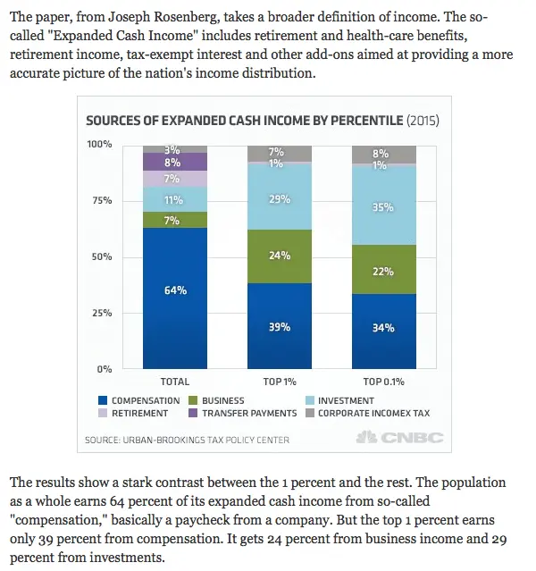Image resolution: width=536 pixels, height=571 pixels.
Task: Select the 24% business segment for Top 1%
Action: click(280, 256)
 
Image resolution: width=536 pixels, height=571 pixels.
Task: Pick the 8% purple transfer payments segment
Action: click(173, 163)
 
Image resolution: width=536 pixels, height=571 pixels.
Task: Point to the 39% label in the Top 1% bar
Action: click(280, 327)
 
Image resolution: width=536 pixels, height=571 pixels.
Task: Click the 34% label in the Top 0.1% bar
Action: click(382, 327)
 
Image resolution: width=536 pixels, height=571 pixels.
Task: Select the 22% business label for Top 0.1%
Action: click(382, 272)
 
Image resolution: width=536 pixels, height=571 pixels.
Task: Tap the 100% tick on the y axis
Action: click(99, 145)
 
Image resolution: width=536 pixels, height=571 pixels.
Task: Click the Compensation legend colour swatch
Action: click(103, 401)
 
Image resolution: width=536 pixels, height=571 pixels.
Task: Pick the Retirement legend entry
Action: click(139, 414)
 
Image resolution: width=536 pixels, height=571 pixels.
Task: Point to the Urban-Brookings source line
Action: click(187, 440)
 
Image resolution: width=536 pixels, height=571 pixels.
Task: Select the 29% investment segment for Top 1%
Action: click(280, 198)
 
